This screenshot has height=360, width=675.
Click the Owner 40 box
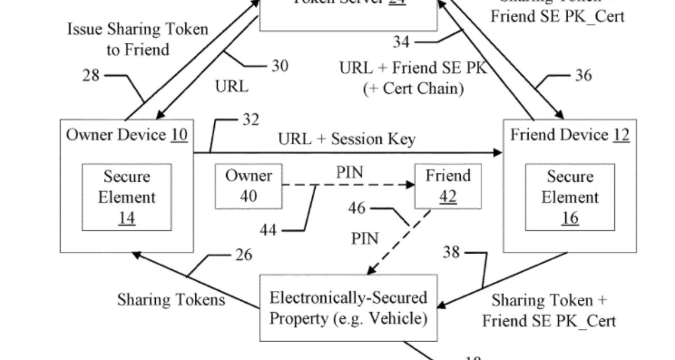click(249, 186)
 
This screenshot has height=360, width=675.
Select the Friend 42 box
click(448, 186)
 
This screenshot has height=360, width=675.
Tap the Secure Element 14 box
click(127, 197)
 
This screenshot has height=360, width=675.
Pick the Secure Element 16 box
click(570, 197)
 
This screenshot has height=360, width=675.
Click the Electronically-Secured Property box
click(348, 307)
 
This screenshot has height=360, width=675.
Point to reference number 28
click(91, 75)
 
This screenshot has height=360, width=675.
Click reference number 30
click(280, 66)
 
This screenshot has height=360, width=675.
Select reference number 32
click(251, 120)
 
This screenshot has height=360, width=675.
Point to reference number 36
click(583, 75)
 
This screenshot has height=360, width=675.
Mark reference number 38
click(452, 252)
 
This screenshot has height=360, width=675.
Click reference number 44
click(268, 229)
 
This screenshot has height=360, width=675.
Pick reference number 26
click(244, 255)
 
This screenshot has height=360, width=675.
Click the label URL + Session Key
click(347, 139)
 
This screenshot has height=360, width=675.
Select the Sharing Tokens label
click(171, 299)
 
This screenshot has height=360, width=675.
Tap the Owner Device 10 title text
click(127, 135)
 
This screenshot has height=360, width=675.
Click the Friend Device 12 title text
click(570, 135)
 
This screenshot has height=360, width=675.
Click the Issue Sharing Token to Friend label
click(138, 39)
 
